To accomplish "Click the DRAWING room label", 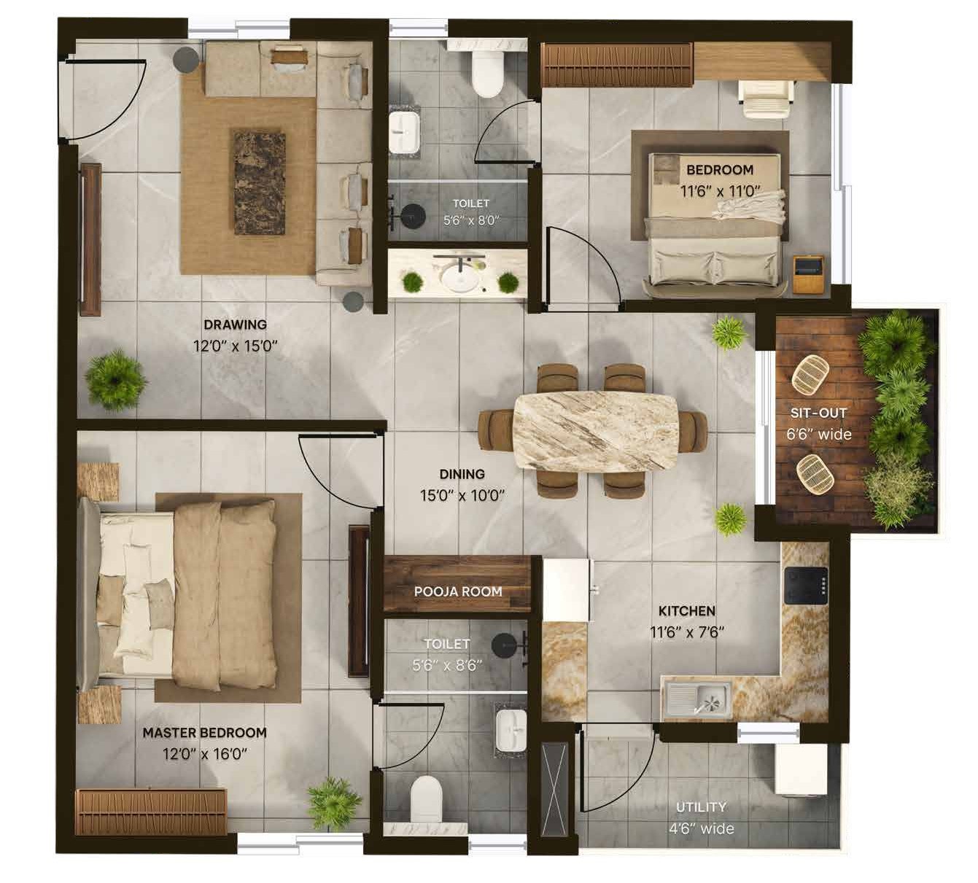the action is pos(235,324).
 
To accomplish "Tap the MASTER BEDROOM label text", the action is pos(205,732).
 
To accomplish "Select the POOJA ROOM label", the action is pos(458,591).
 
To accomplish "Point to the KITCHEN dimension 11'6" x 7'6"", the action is pos(687,632).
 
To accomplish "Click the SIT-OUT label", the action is pos(818,413).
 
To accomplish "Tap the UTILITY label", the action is pos(701,807).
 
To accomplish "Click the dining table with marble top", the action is pos(595,432).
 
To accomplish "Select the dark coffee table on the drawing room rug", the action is pos(260,183).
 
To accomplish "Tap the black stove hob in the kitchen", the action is pos(806,586).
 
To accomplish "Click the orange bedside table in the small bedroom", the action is pos(808,274).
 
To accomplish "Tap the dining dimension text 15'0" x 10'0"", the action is pos(462,496).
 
